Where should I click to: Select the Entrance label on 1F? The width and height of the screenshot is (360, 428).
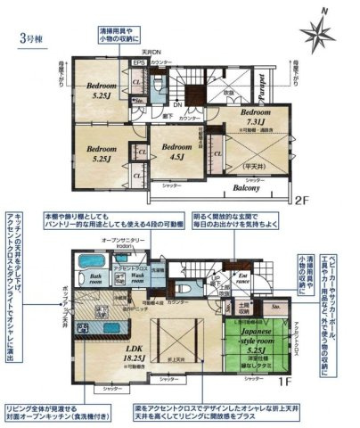tap(241, 283)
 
